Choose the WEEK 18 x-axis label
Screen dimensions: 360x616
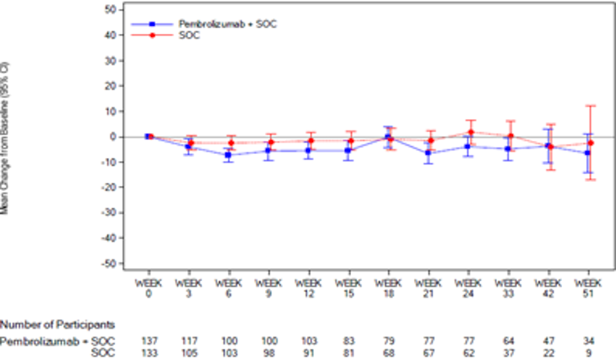tap(388, 288)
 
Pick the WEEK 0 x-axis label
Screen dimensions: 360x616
tap(149, 288)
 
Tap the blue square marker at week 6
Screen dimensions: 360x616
tap(229, 155)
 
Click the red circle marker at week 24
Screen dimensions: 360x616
tap(469, 132)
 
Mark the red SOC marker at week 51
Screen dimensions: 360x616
tap(590, 143)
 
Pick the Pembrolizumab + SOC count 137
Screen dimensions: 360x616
tap(149, 341)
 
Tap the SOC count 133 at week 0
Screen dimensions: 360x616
tap(149, 353)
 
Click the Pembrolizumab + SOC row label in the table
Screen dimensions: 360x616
tap(57, 341)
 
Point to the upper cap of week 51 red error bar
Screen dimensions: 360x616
tap(590, 106)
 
